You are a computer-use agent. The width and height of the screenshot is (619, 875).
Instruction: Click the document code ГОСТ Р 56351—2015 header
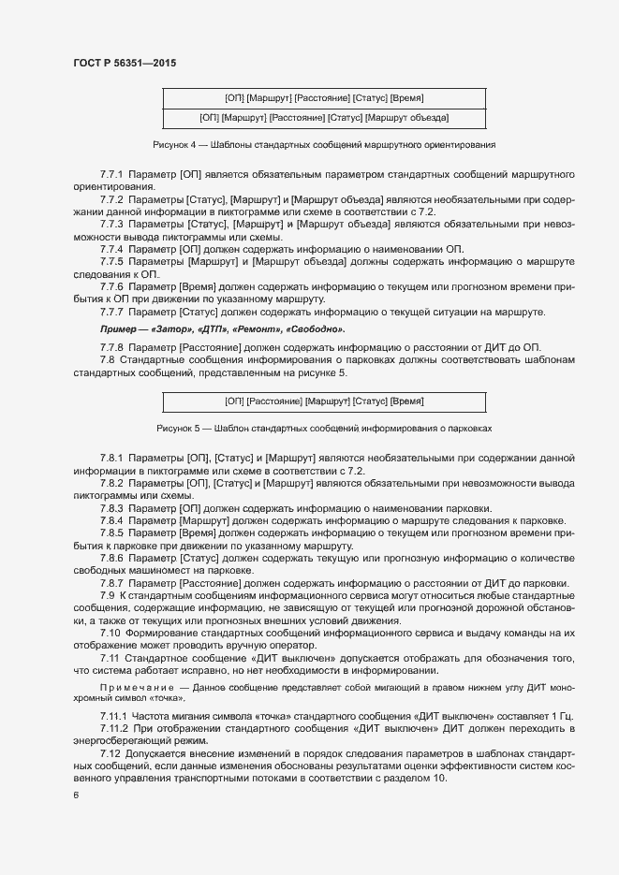(x=124, y=64)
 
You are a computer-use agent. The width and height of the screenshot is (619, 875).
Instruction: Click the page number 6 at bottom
(x=75, y=796)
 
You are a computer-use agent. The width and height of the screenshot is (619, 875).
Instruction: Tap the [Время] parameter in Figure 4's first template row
(x=409, y=97)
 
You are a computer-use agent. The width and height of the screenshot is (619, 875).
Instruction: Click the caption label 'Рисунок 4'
(x=174, y=146)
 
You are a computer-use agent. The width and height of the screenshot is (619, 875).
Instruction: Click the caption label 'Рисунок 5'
(x=178, y=428)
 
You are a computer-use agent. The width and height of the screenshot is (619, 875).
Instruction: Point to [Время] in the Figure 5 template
(x=407, y=401)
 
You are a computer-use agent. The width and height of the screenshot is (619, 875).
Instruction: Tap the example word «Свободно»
(x=317, y=330)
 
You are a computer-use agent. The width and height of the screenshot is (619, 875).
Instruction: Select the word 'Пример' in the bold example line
(x=120, y=330)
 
